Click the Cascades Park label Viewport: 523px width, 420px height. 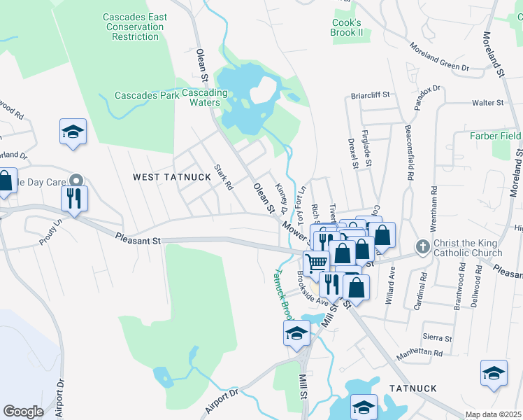(147, 95)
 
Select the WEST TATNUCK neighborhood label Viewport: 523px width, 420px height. (171, 177)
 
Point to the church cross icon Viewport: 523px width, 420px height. (422, 246)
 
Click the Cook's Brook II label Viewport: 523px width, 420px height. (348, 27)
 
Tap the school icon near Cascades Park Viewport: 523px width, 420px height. (72, 132)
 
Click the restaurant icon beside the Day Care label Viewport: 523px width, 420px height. (73, 197)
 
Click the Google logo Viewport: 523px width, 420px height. (23, 412)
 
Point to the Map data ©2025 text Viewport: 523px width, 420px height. (493, 414)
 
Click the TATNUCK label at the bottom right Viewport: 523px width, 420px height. (413, 388)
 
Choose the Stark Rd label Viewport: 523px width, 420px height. (224, 177)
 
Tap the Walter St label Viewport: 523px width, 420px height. (487, 103)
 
